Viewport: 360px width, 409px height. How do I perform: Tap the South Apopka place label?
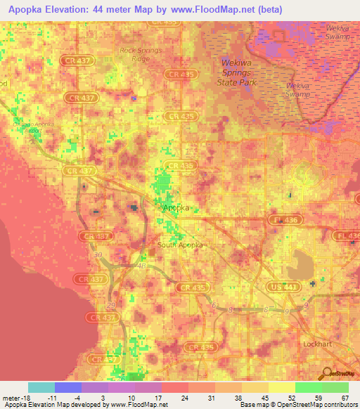tap(179, 245)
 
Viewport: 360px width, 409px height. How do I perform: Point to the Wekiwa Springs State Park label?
tap(239, 72)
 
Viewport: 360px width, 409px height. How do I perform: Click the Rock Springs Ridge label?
tap(141, 55)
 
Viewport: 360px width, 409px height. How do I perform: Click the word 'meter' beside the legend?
tap(11, 398)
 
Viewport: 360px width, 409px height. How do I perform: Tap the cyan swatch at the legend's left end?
tap(41, 387)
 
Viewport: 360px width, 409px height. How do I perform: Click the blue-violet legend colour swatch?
tap(68, 387)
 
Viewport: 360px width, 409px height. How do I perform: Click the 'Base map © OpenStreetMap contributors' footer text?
tap(298, 405)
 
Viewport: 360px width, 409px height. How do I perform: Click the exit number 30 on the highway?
tap(96, 254)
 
